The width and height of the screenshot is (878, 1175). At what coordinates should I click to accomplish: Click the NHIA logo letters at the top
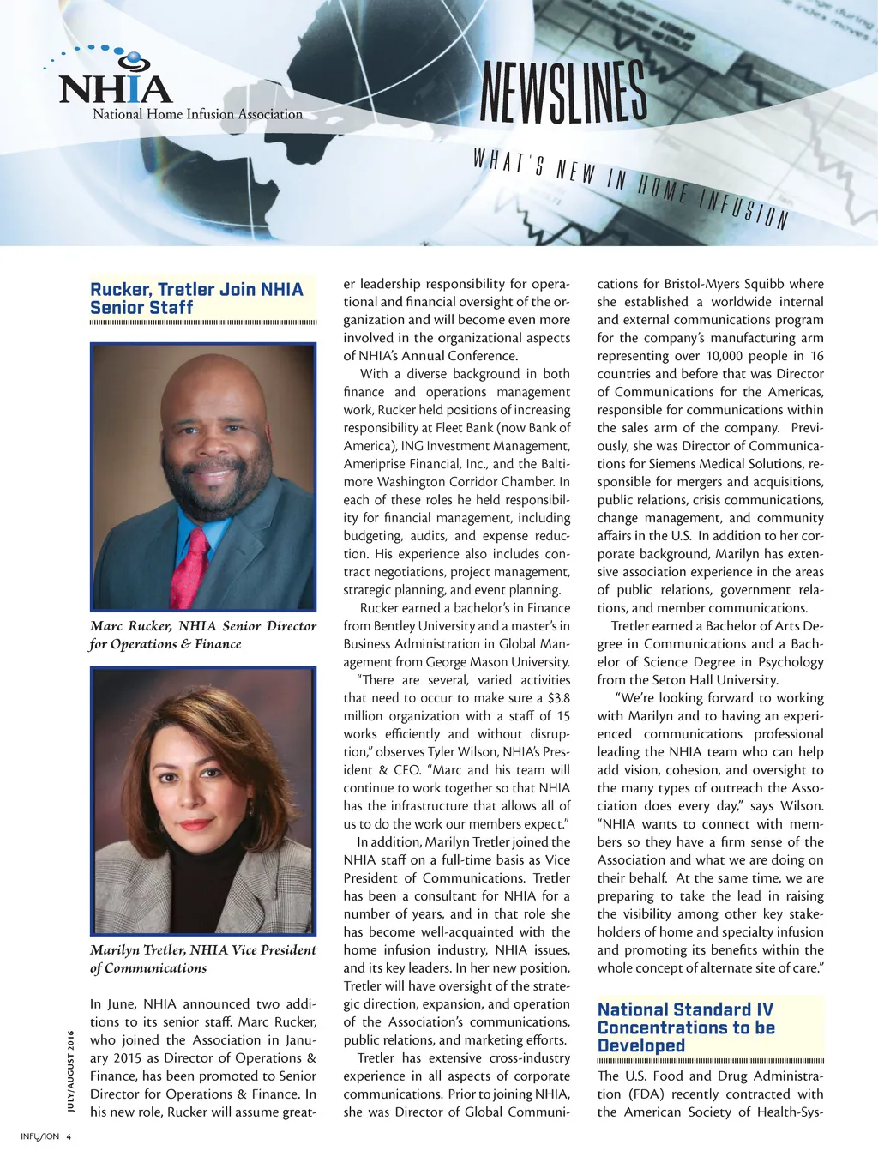tap(116, 89)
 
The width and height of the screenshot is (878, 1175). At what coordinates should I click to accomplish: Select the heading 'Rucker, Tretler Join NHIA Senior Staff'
tap(196, 298)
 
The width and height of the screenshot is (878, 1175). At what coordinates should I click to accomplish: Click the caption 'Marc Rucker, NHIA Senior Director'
tap(203, 626)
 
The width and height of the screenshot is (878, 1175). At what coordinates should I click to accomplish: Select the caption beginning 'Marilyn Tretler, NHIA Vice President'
tap(203, 950)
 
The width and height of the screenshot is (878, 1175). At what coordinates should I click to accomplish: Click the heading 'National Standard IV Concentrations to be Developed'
tap(686, 1027)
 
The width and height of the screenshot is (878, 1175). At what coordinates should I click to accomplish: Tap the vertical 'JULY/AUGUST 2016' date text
tap(71, 1070)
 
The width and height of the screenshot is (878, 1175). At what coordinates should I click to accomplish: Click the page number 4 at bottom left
tap(69, 1137)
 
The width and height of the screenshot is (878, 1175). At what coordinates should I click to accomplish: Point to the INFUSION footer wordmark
tap(39, 1137)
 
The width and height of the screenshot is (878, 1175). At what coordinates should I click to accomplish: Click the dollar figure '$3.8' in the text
tap(558, 698)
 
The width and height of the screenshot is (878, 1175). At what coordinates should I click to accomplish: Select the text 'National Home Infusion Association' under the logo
tap(197, 114)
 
